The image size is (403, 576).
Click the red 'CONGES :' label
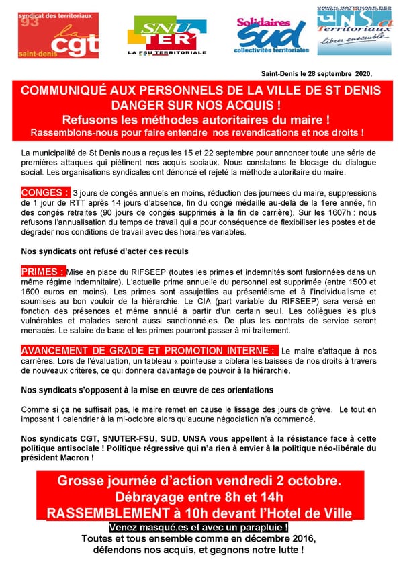(x=45, y=193)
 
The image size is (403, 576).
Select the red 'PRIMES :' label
(x=43, y=271)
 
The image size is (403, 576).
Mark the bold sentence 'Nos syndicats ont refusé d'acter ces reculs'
(x=105, y=251)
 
